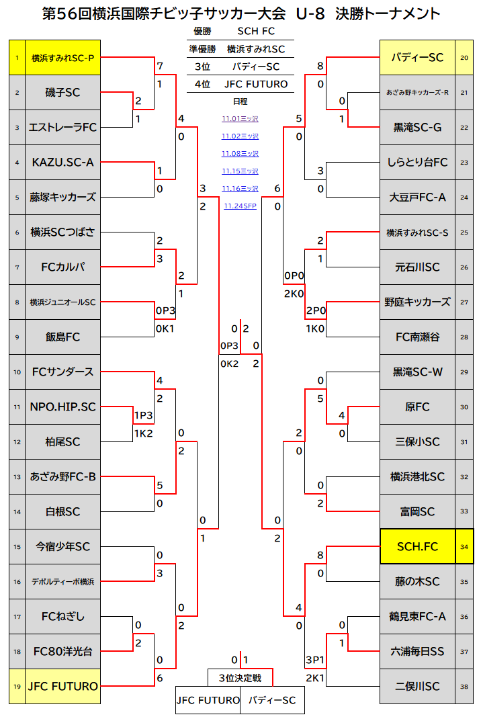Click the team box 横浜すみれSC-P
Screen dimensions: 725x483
62,58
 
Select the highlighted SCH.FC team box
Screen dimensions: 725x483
417,547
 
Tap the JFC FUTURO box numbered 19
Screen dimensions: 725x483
62,686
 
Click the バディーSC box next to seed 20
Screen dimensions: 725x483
417,58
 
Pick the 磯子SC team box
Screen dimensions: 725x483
62,93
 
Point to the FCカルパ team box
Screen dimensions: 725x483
62,267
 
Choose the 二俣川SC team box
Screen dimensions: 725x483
417,686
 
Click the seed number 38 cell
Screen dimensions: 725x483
464,686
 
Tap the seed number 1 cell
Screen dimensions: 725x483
17,58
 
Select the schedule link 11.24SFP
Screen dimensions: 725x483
240,206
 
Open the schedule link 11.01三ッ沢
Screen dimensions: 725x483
240,119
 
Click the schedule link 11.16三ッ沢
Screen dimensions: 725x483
240,189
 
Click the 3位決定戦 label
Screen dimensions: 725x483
240,677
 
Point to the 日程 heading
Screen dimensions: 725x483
240,101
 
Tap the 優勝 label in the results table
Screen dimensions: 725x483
202,32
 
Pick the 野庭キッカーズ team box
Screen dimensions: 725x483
417,302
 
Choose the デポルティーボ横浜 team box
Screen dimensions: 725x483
62,581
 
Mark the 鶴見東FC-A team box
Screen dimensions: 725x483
417,616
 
